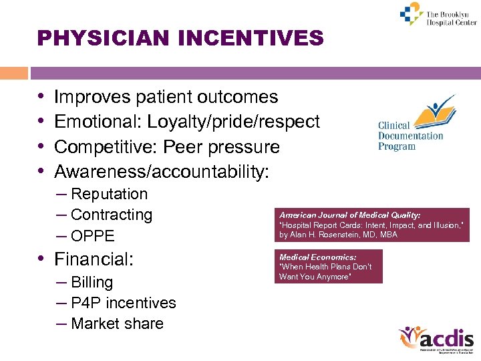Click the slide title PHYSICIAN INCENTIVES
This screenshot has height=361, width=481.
(180, 37)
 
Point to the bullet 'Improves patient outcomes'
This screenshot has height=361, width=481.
(166, 97)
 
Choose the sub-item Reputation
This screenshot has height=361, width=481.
(109, 194)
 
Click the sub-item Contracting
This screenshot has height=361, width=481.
(111, 215)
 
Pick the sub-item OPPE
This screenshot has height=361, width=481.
(92, 236)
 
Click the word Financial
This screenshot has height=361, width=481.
(94, 259)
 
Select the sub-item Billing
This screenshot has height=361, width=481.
(92, 282)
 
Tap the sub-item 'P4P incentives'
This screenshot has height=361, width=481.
(123, 303)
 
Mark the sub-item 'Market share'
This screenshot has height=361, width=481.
(117, 324)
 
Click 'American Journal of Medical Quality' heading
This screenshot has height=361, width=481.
(349, 215)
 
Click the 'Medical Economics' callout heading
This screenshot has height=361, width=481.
(317, 257)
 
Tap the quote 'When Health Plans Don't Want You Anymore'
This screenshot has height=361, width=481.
(325, 271)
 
